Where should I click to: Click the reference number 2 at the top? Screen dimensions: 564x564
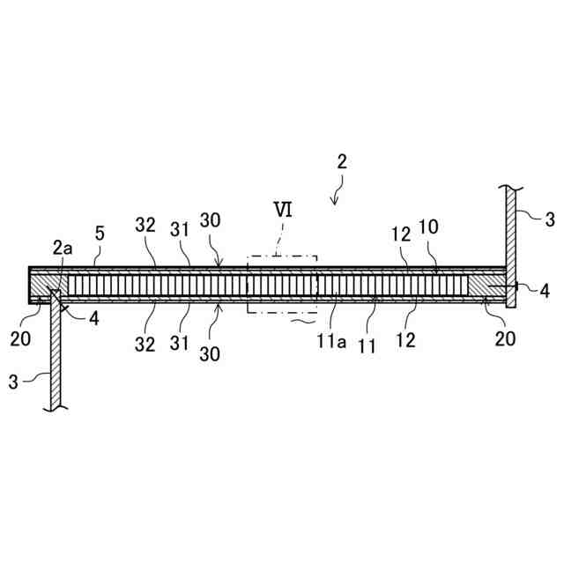tap(342, 162)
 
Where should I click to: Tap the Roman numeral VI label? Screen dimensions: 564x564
tap(284, 212)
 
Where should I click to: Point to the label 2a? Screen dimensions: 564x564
tap(63, 250)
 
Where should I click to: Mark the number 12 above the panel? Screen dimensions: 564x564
tap(401, 235)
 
